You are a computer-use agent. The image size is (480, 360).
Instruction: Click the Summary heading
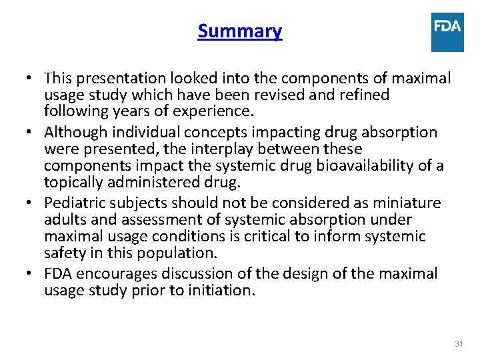(239, 31)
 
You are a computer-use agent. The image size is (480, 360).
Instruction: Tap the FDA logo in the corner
(447, 32)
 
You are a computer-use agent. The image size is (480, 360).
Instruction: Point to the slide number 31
(458, 343)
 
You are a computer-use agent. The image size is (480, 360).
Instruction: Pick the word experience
(213, 111)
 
